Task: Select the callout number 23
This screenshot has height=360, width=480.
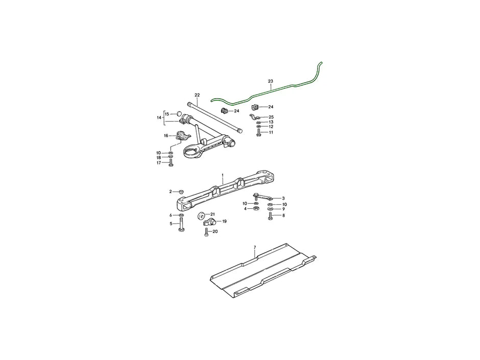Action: point(270,81)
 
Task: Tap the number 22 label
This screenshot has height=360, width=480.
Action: point(197,95)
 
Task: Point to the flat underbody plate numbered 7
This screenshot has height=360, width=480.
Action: point(260,271)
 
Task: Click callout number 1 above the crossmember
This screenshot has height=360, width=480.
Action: point(223,175)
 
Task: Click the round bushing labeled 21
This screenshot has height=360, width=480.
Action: point(201,214)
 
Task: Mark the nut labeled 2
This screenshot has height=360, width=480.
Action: point(181,191)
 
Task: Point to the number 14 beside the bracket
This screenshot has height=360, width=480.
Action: point(159,117)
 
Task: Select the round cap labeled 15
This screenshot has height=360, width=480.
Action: point(180,114)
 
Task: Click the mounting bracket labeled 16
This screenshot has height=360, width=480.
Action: point(181,136)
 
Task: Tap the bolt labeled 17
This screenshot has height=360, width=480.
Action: point(171,163)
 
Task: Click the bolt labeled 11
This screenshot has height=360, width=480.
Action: point(259,132)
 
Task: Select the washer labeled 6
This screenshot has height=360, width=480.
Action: point(181,215)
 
